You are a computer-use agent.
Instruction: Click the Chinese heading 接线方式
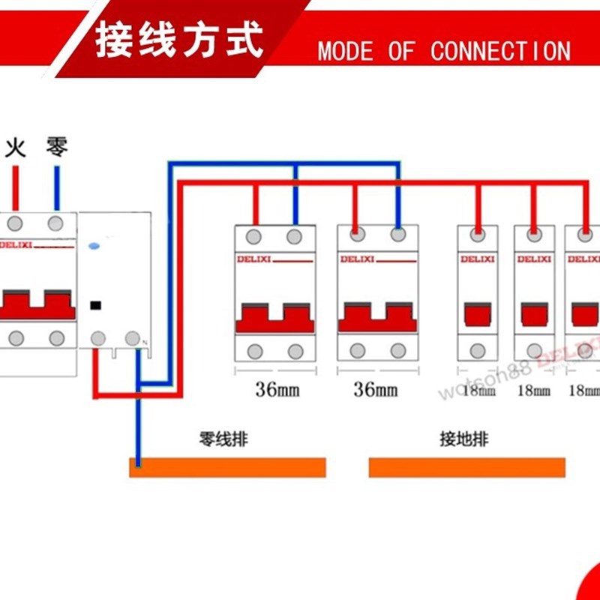point(179,39)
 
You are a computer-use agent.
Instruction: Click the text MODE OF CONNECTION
point(443,51)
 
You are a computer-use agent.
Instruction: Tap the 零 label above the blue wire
point(56,145)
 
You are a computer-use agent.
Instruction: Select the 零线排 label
point(223,439)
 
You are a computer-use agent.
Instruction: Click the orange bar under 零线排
point(228,468)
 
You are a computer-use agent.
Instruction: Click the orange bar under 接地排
point(466,468)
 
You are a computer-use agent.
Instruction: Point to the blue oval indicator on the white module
point(94,245)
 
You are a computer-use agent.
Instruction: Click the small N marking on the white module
point(144,343)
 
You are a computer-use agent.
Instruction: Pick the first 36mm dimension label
point(274,390)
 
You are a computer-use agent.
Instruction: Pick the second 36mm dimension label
point(376,390)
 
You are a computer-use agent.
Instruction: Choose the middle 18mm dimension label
point(533,390)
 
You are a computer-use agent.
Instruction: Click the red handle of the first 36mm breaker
point(274,318)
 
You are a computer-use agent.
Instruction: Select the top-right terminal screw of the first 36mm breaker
point(294,237)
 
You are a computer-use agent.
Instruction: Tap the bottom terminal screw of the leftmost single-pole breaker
point(478,350)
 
